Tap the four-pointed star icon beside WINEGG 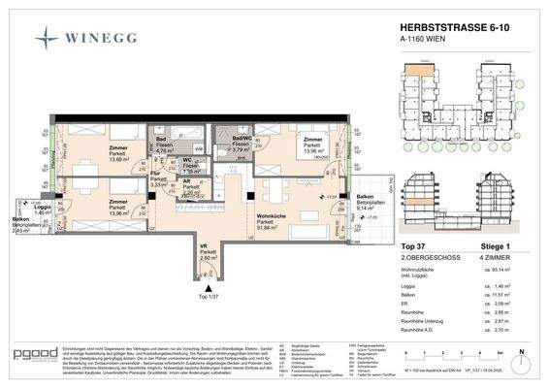pyautogui.click(x=47, y=39)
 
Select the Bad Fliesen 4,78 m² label pyautogui.click(x=165, y=146)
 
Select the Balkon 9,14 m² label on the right pyautogui.click(x=368, y=202)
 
